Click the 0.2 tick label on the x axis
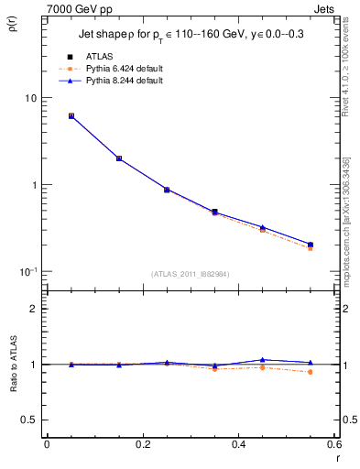click(142, 445)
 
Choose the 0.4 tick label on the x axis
click(238, 445)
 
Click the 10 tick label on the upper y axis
click(29, 98)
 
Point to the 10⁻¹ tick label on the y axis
click(27, 271)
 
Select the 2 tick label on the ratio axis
click(33, 309)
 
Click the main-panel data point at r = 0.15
click(119, 158)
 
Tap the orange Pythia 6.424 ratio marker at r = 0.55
click(311, 372)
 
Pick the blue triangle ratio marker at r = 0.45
click(263, 360)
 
